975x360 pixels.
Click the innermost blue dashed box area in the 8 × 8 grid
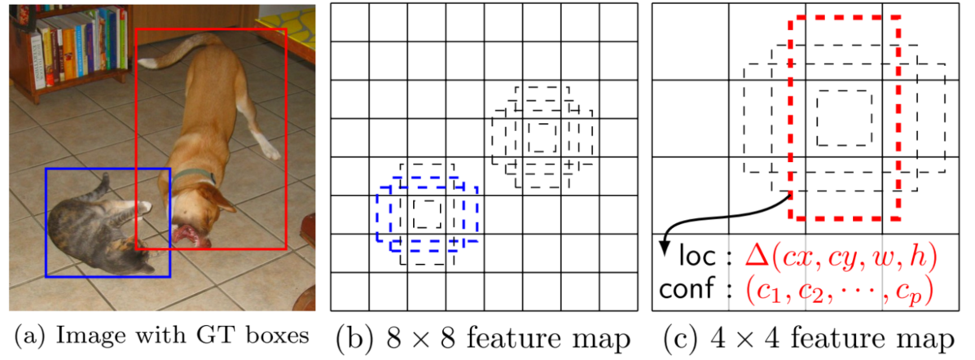tap(426, 213)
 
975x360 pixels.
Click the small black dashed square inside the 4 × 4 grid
tap(844, 116)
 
